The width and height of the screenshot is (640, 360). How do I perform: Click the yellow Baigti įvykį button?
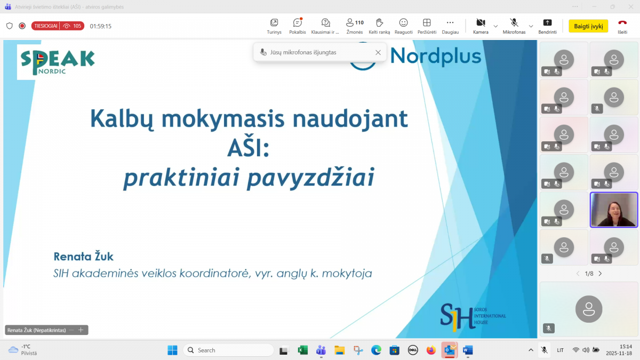coord(588,26)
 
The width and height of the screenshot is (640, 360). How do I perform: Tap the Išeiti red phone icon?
coord(622,22)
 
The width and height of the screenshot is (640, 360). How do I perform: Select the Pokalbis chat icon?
coord(298,22)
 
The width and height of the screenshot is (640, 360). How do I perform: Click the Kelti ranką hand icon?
coord(379,22)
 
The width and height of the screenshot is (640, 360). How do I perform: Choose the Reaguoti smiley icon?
coord(403,22)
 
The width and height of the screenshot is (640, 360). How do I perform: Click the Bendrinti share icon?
coord(547,22)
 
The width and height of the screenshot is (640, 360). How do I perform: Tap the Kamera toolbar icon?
coord(481,22)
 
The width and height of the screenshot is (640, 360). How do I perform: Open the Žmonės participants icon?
coord(350,22)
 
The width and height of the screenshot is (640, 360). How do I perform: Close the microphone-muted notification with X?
coord(378,53)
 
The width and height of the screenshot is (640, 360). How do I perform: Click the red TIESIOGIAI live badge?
coord(58,26)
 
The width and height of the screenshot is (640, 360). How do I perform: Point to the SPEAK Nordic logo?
coord(58,62)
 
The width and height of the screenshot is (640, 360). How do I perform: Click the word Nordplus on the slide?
coord(435,55)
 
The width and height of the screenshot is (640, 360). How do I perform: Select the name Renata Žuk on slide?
coord(83,257)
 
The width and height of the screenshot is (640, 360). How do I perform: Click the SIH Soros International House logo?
coord(473,317)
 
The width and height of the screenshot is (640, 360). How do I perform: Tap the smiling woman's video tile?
coord(614,210)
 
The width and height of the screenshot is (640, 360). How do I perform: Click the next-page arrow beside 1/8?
coord(600,274)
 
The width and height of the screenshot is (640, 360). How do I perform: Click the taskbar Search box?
coord(229,350)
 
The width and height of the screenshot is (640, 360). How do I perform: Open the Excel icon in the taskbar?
coord(302,350)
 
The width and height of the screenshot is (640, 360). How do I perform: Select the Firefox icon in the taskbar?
coord(431,350)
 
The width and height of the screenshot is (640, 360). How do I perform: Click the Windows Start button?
coord(172,350)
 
